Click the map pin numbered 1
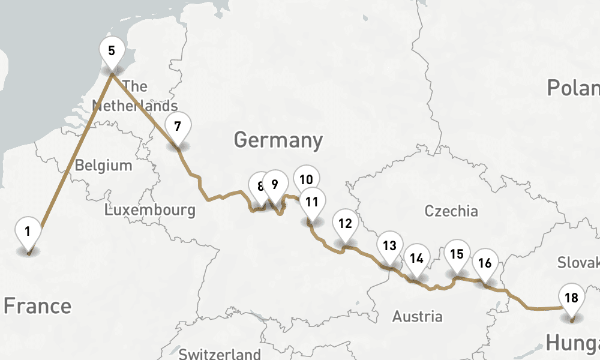click(28, 231)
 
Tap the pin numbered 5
click(112, 50)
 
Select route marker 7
click(177, 127)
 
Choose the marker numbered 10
click(307, 179)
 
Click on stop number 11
click(311, 202)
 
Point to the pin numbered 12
click(345, 224)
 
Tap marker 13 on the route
click(389, 245)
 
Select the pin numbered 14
click(416, 259)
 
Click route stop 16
click(485, 263)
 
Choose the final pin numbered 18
click(571, 298)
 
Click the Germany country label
click(278, 140)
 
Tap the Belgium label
click(103, 165)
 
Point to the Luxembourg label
click(149, 210)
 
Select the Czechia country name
click(451, 211)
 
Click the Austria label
click(417, 316)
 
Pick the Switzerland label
click(220, 353)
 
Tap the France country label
click(37, 306)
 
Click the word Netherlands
click(135, 106)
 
